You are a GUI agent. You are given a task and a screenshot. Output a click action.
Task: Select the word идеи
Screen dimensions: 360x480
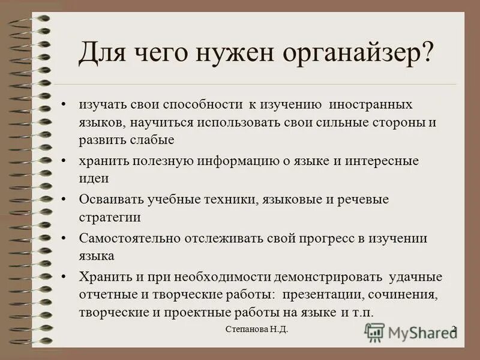(94, 178)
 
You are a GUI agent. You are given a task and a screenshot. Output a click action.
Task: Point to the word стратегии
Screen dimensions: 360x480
(110, 217)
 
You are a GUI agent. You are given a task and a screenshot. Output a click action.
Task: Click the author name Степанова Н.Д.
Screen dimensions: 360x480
(261, 329)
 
